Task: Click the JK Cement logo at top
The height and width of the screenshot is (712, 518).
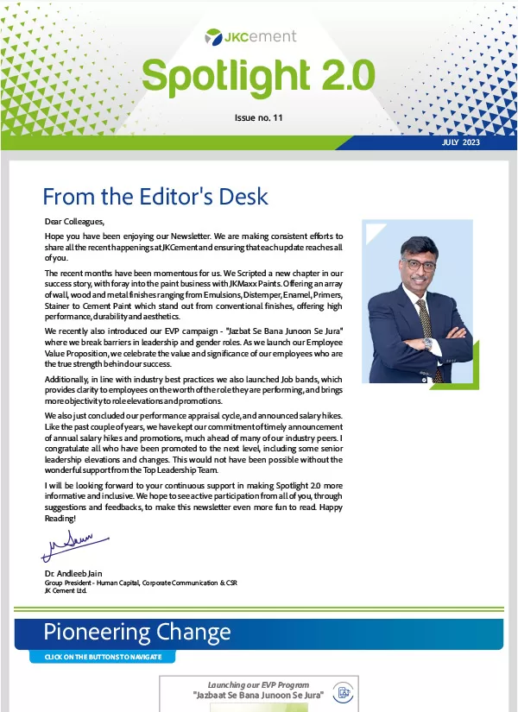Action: [250, 36]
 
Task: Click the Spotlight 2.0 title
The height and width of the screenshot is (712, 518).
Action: [258, 76]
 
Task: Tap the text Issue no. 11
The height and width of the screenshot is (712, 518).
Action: [258, 117]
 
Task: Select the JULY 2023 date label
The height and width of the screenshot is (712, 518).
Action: [460, 142]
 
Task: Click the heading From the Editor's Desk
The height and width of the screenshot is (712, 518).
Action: [155, 197]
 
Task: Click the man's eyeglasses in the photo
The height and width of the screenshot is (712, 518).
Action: [419, 264]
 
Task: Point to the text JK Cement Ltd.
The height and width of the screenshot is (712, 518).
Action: [66, 591]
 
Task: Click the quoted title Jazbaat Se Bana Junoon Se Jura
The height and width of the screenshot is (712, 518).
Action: [257, 695]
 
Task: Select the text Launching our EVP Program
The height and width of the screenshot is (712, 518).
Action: [257, 684]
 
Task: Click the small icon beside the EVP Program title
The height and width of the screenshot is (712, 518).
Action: [344, 694]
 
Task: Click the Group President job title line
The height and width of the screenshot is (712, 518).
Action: [140, 583]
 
